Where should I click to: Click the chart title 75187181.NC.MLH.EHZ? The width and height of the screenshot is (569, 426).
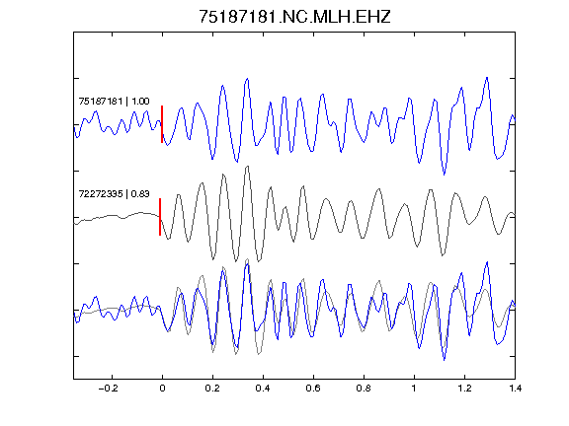point(294,17)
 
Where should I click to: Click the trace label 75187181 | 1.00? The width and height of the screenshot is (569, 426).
point(114,101)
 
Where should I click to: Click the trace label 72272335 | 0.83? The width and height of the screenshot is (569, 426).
point(114,194)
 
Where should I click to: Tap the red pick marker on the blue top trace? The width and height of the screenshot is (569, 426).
point(162,124)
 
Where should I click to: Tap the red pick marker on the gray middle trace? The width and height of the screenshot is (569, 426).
point(160,217)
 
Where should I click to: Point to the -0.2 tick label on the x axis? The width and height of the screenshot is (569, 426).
point(109,389)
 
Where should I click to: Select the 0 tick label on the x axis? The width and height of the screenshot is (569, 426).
point(162,389)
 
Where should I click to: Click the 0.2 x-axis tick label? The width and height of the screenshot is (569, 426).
point(212,389)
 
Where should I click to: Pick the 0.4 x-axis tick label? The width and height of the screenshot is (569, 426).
point(263,389)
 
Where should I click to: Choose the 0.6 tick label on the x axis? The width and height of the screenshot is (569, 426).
point(313,389)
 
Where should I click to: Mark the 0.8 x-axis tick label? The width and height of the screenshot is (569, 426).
point(364,389)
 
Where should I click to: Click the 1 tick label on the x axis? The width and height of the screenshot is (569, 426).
point(414,389)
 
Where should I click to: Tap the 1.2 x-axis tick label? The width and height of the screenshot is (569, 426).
point(464,389)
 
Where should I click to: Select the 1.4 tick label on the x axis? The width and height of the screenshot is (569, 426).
point(515,389)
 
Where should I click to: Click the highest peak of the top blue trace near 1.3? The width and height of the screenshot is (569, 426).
point(487,78)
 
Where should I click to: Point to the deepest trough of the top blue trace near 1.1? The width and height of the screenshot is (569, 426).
point(445,175)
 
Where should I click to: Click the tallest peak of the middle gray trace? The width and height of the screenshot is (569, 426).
point(248,167)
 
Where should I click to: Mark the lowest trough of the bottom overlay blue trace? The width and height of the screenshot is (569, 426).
point(445,360)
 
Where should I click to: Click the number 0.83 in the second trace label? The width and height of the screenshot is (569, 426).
point(140,194)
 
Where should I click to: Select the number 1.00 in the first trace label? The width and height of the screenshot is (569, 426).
point(140,101)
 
